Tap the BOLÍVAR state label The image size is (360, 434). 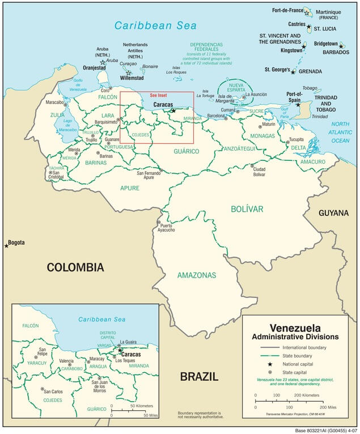(x=247, y=209)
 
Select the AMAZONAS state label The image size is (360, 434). (x=197, y=275)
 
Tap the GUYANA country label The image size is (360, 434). (x=334, y=212)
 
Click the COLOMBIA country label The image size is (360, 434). (x=75, y=267)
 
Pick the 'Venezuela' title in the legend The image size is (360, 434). (x=295, y=328)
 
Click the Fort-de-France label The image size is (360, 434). (x=287, y=10)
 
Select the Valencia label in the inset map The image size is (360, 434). (x=66, y=361)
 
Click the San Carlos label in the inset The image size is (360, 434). (x=54, y=392)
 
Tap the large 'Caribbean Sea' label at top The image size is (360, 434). (x=155, y=25)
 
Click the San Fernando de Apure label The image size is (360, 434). (x=149, y=175)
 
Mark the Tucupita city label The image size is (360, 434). (x=297, y=139)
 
